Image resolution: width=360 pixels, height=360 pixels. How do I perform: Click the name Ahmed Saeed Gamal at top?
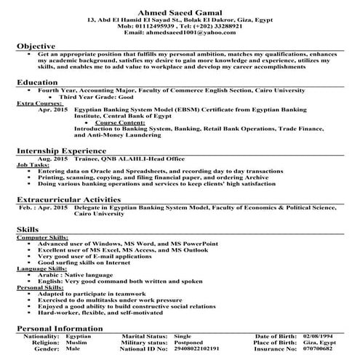coord(180,7)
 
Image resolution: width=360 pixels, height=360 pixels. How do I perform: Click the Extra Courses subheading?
coord(37,103)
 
